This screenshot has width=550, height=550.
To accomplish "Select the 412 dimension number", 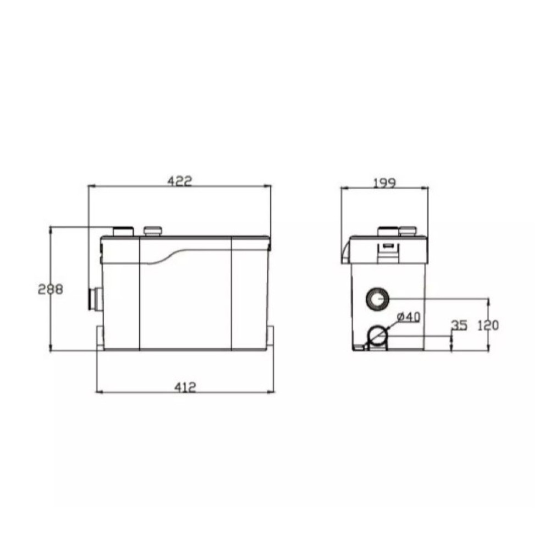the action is click(x=185, y=387).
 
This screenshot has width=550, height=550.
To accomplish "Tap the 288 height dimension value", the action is click(x=51, y=289).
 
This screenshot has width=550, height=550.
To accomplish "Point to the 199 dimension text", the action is click(x=384, y=183).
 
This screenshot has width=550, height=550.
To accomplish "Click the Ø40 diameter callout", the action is click(x=409, y=317).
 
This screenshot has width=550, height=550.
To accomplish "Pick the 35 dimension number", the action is click(x=459, y=326).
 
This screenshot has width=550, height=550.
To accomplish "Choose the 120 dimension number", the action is click(x=488, y=326).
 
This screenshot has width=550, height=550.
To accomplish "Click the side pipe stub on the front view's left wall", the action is click(x=95, y=299).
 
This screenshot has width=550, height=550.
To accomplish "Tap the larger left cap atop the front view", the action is click(x=123, y=232).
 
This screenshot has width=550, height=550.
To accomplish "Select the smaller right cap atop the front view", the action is click(x=153, y=231).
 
